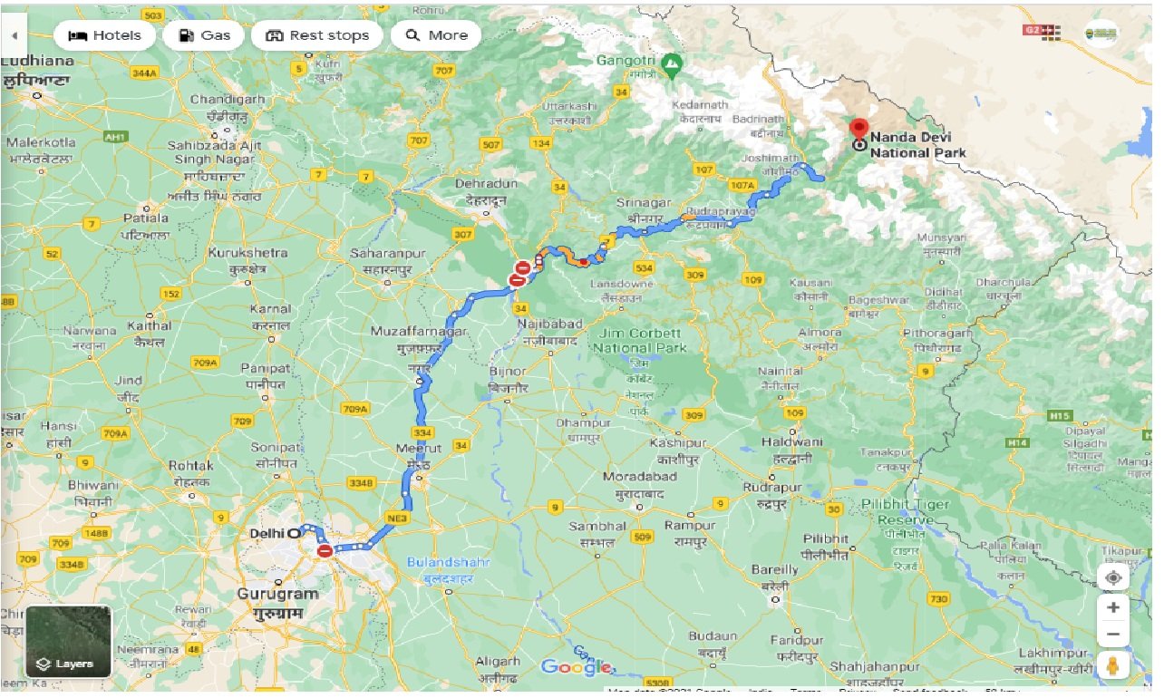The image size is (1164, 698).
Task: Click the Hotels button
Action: click(104, 35)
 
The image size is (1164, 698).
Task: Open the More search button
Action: click(436, 35)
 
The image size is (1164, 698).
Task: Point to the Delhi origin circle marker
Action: click(293, 534)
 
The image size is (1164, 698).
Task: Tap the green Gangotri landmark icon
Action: click(671, 63)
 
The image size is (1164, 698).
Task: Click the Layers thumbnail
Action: click(68, 642)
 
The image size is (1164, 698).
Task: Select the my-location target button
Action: click(1113, 577)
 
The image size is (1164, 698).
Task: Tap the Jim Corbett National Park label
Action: click(641, 341)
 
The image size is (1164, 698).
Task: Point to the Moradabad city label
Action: click(639, 477)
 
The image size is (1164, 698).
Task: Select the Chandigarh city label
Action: click(228, 99)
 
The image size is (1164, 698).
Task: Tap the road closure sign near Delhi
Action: click(325, 550)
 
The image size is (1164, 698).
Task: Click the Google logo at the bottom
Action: click(577, 667)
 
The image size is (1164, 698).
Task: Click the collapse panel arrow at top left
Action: click(15, 35)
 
